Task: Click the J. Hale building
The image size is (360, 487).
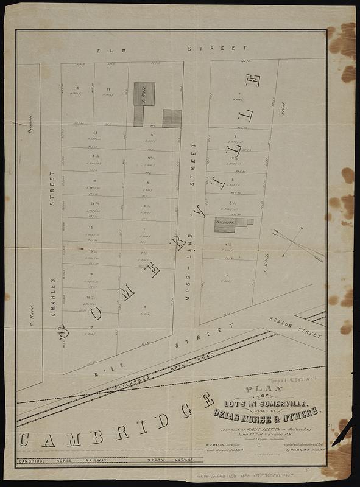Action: pos(144,94)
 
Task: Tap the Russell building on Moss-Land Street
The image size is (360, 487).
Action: pos(225,225)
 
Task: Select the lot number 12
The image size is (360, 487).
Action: pos(77,89)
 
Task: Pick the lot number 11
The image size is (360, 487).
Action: pos(108,89)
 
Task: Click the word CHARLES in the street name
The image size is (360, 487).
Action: pos(53,297)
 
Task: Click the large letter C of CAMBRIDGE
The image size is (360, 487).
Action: pos(27,439)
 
